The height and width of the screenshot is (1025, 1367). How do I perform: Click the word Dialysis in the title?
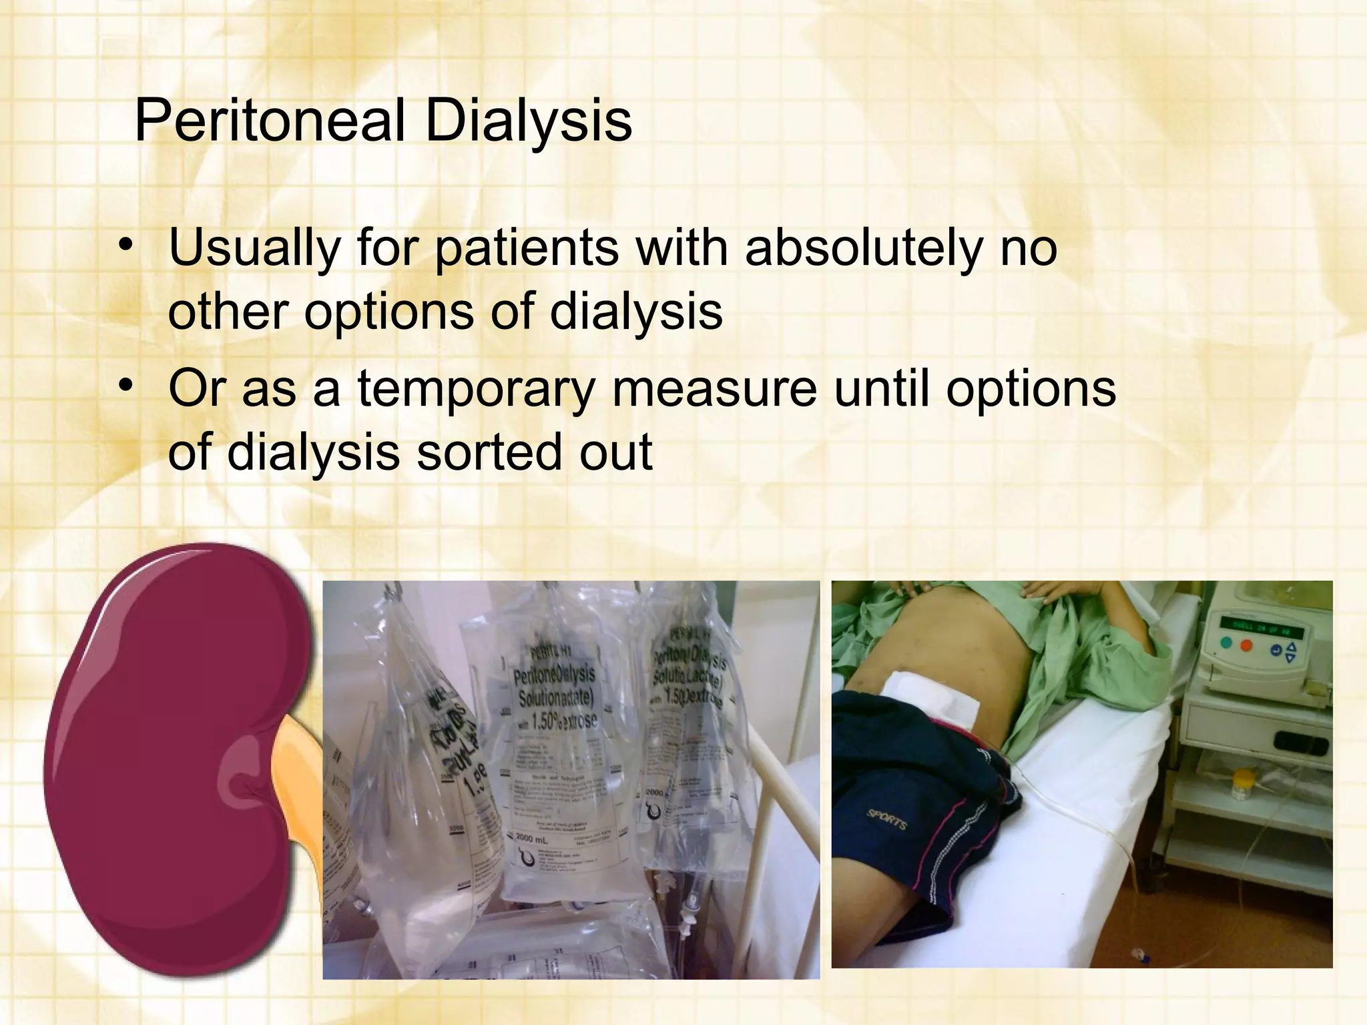click(x=528, y=121)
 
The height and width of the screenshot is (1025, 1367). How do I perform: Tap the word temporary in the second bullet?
click(x=475, y=389)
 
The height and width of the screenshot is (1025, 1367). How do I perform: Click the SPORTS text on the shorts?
click(x=887, y=819)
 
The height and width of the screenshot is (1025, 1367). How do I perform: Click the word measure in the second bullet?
click(x=714, y=389)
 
